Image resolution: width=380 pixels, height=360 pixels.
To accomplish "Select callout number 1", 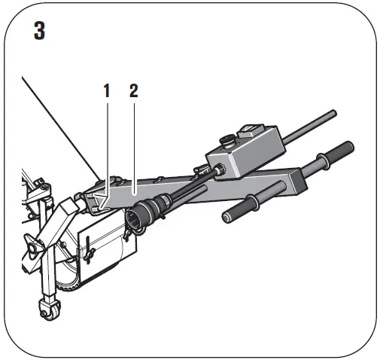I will tap(107, 91).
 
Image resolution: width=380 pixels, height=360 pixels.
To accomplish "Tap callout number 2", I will tap(133, 91).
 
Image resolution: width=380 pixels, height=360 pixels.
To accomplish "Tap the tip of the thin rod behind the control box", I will tap(332, 114).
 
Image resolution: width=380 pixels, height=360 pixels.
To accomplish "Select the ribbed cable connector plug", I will tap(150, 209).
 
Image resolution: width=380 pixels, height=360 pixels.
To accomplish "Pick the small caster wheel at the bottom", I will tap(48, 309).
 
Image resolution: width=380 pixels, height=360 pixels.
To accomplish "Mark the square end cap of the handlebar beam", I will tap(295, 184).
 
